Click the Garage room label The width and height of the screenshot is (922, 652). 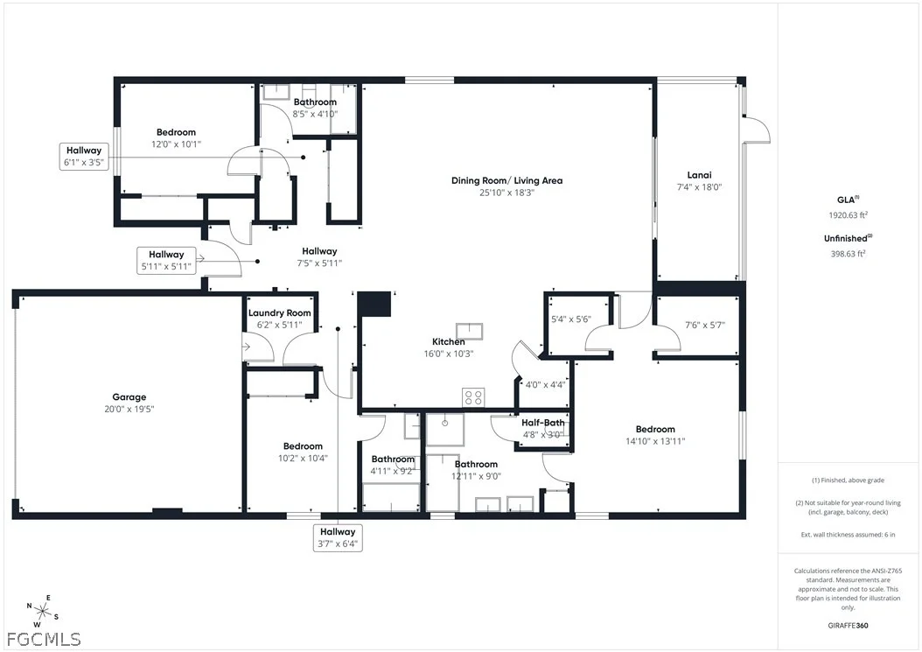(x=129, y=397)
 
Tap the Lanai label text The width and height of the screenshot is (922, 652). (x=699, y=175)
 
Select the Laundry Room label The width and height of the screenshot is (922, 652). (x=279, y=313)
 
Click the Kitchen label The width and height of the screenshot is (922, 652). (x=449, y=341)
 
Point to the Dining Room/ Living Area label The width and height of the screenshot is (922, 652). (x=506, y=180)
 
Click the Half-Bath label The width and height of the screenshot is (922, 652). (x=542, y=423)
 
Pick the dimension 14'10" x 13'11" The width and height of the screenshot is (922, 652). (x=655, y=441)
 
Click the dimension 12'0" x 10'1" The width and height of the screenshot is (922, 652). (x=177, y=144)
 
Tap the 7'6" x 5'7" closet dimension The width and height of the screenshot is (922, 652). (x=705, y=325)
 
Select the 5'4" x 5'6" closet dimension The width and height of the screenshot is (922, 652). (x=571, y=319)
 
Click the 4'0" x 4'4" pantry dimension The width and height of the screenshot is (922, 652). (x=545, y=385)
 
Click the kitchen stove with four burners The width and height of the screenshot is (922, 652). (x=473, y=397)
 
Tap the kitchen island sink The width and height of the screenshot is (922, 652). (x=470, y=332)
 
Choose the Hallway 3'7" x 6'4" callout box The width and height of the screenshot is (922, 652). (x=338, y=538)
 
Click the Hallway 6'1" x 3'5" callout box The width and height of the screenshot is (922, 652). (x=84, y=157)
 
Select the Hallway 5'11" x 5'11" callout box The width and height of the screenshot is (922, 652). (x=166, y=261)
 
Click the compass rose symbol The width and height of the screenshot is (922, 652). (x=42, y=612)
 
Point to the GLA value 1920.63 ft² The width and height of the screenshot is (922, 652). (x=848, y=214)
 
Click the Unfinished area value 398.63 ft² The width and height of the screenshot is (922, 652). (x=848, y=254)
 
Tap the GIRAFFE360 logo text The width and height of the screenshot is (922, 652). (x=848, y=626)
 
